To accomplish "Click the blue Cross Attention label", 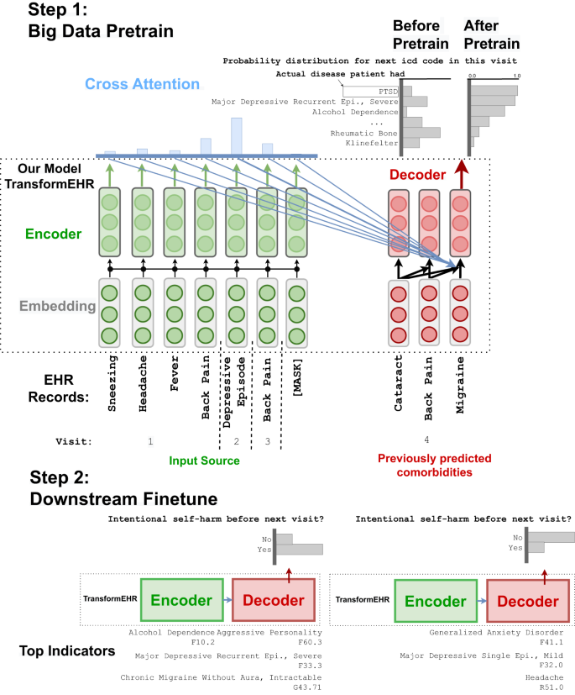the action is (142, 84).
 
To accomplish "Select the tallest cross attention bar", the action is (237, 136).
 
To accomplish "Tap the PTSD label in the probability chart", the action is (388, 92).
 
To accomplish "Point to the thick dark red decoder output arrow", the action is (461, 174).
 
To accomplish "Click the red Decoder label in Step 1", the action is (417, 175).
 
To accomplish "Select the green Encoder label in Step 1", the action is (53, 234).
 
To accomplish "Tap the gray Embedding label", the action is (58, 306).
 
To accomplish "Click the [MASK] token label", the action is (297, 377).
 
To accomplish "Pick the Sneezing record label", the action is (112, 383).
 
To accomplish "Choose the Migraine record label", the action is (460, 385).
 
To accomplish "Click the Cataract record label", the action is (399, 383).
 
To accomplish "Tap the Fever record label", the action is (175, 373).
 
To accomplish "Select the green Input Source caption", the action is (204, 461).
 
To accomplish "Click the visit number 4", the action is (426, 440).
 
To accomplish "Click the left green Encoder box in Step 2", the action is (182, 600).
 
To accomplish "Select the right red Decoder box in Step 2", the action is (528, 601).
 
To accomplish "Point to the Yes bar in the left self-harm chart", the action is (300, 550).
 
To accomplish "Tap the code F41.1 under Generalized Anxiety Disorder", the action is (551, 642).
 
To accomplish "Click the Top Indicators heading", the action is (67, 650).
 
